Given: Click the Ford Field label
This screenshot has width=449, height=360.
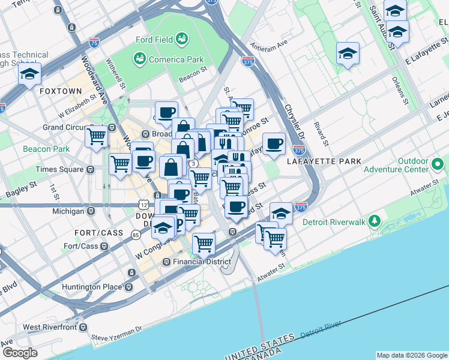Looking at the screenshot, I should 154,40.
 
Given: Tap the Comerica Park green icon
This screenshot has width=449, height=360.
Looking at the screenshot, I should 139,59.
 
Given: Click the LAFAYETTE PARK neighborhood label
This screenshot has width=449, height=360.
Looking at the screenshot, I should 324,161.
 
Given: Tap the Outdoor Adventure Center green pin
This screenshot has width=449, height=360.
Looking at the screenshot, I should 437,163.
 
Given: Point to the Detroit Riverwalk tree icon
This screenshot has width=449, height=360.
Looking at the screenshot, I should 375,221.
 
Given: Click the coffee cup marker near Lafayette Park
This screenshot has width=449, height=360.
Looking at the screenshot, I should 274,144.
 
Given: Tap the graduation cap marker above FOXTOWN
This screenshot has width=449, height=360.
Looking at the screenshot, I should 29,74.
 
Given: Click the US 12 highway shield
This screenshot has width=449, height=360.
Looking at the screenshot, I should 143,205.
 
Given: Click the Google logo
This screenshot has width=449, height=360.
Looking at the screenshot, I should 20,353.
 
